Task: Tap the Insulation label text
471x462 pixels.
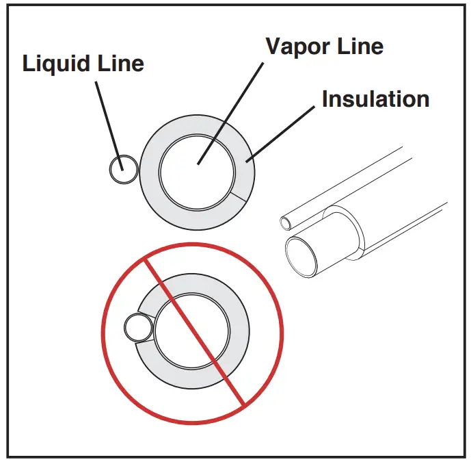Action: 375,99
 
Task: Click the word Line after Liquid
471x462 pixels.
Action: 122,64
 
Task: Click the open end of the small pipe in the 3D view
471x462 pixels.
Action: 287,222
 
